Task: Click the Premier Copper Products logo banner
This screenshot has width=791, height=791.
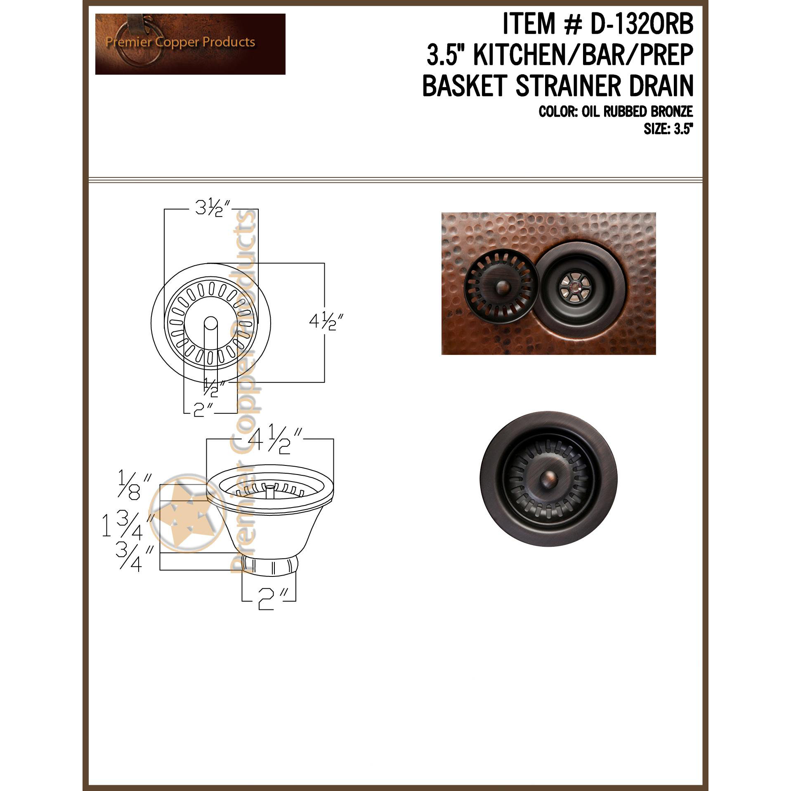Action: (190, 44)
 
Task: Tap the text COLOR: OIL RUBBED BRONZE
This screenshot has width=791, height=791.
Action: (616, 112)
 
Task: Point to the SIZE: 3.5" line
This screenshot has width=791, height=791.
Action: (667, 130)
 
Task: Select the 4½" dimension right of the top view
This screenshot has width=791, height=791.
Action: (326, 322)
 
